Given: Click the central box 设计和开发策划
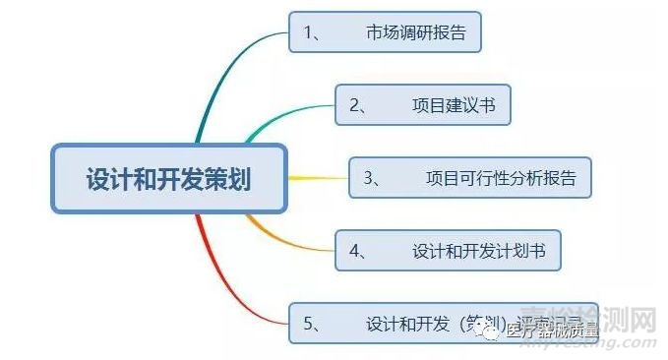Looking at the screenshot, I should [168, 178].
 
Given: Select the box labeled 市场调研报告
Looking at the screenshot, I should [390, 32].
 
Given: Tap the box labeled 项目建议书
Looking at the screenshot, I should [422, 104].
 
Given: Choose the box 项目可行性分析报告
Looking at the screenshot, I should [470, 178].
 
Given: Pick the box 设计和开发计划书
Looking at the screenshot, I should [448, 251].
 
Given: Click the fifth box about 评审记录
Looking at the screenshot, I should [443, 323].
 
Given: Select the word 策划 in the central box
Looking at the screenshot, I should [227, 179].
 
